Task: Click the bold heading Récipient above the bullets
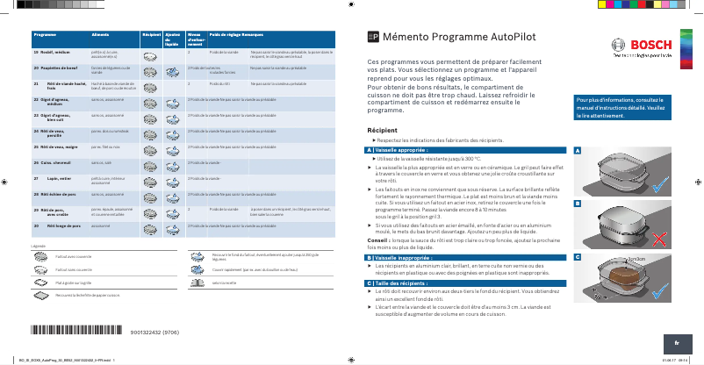383,130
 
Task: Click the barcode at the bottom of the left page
78,332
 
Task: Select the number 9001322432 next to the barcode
154,333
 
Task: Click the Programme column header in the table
46,33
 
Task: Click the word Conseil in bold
378,240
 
